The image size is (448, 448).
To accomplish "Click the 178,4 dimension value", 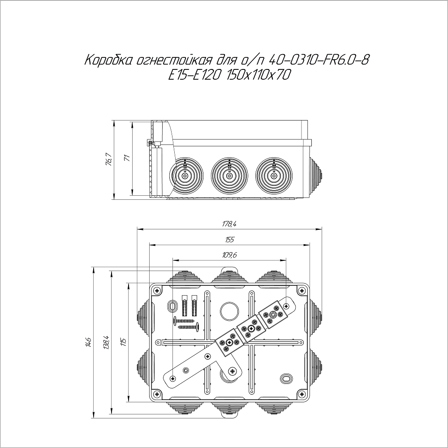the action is [229, 224].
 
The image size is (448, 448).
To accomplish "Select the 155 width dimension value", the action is [229, 239].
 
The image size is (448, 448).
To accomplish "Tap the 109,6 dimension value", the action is [229, 255].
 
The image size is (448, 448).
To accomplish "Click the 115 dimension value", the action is [123, 342].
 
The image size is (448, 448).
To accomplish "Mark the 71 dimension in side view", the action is [127, 158].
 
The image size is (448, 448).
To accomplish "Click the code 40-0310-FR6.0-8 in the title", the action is [319, 60].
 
